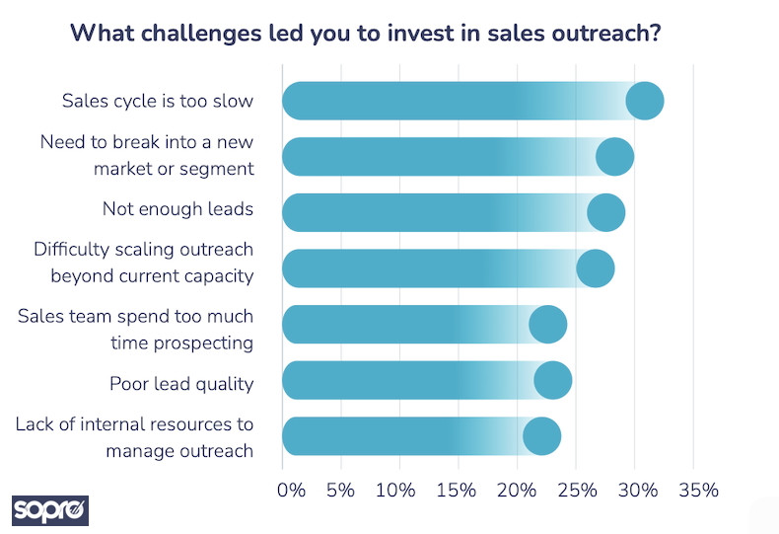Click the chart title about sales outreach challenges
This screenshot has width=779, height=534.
365,32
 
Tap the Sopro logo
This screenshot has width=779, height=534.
50,510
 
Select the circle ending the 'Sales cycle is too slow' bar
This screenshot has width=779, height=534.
645,101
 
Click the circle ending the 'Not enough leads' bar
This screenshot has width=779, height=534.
606,213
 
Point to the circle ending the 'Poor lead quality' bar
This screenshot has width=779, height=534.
553,381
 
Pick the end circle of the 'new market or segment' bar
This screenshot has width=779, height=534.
615,157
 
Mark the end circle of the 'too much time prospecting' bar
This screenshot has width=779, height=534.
548,325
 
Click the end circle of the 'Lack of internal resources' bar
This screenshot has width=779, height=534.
542,437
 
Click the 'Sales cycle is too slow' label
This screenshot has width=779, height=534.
158,101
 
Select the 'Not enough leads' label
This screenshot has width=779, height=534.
178,209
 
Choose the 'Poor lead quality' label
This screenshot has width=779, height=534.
181,383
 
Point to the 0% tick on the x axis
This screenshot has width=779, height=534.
292,490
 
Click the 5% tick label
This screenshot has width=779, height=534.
340,490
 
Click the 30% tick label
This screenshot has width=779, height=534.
638,490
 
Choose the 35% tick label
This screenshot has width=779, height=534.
697,490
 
